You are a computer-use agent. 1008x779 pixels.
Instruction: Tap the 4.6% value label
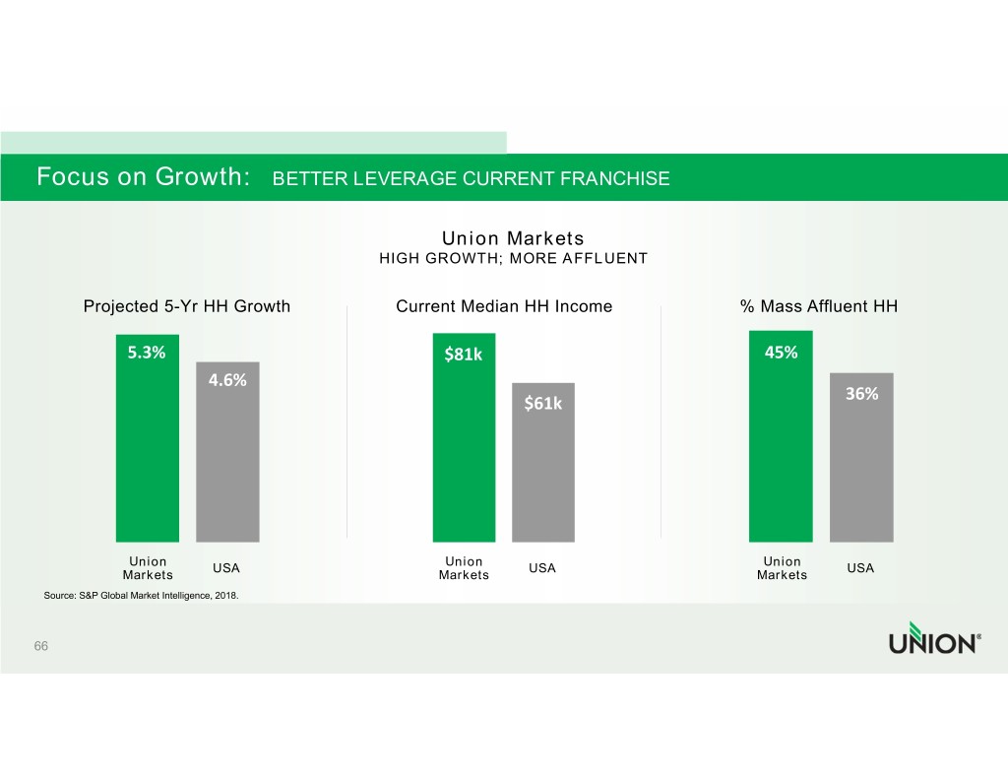pos(227,380)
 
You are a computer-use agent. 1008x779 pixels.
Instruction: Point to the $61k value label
pos(542,403)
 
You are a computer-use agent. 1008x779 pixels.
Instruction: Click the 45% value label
pos(781,353)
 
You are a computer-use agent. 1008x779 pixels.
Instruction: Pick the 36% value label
pos(861,394)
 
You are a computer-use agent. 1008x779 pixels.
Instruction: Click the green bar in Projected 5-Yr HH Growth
pos(148,453)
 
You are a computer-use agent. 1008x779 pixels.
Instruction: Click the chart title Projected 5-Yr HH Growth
pos(187,306)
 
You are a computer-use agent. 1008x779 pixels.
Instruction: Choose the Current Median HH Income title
pos(504,306)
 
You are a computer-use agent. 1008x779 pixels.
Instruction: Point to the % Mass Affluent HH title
pos(819,306)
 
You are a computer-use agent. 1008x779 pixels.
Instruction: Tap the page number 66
pos(41,646)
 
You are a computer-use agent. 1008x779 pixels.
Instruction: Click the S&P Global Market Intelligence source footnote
pos(141,596)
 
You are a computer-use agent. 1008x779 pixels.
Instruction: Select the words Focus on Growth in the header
pos(142,177)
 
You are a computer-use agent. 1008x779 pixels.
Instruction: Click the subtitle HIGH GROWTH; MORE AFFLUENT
pos(513,259)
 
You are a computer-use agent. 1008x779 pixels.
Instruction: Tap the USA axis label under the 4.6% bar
pos(227,568)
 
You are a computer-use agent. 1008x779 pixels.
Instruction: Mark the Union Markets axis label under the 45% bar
pos(782,568)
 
